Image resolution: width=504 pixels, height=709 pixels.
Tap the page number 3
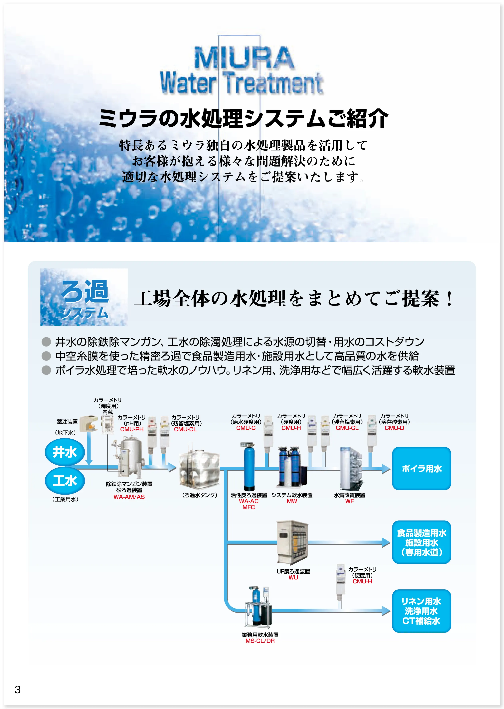[x=18, y=689]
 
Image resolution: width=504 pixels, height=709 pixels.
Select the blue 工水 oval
[x=65, y=480]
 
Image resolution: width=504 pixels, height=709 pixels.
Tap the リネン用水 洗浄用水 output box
[x=421, y=611]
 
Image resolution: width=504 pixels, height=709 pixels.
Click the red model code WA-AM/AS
[x=129, y=496]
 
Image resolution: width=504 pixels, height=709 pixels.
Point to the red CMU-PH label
[x=132, y=429]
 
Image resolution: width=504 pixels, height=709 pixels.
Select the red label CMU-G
[x=246, y=428]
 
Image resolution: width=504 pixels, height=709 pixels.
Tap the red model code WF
[x=349, y=501]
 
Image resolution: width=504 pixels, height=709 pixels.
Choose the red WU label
[x=293, y=577]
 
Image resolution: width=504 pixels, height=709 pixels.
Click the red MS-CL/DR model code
[x=260, y=641]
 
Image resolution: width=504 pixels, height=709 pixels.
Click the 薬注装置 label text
[x=67, y=422]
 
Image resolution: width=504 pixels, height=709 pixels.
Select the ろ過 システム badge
[x=84, y=297]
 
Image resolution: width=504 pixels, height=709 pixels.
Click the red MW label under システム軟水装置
[x=292, y=501]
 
